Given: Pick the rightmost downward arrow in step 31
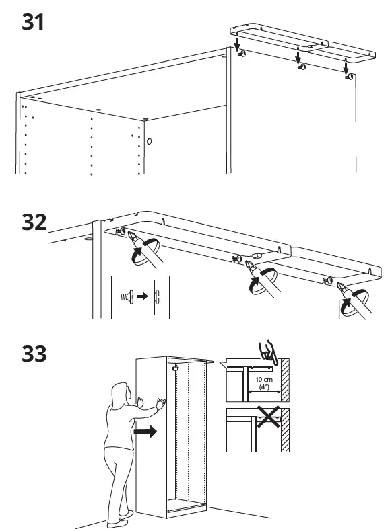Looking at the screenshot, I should point(346,65).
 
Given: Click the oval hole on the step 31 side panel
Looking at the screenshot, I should point(149,142).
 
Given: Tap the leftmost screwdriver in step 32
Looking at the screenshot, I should point(143,248).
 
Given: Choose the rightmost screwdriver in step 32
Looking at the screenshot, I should point(358,300).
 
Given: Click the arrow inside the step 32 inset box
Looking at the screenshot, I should point(141,296).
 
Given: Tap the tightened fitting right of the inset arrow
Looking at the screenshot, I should point(156,296).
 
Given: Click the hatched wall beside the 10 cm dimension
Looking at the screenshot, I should point(285,382).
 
